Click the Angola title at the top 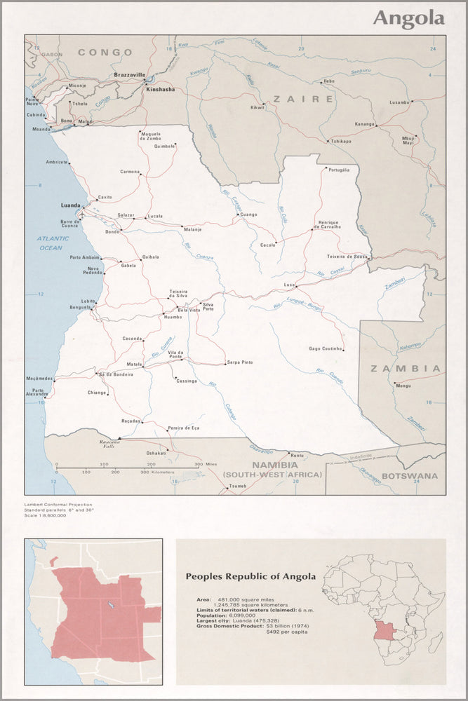(x=408, y=18)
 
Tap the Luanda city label (x=71, y=206)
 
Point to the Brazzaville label (x=129, y=74)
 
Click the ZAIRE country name (x=303, y=100)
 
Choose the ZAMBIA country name (x=406, y=368)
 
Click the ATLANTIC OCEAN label (x=55, y=243)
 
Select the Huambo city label (x=173, y=318)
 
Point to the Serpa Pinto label (x=240, y=362)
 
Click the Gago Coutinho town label (x=326, y=348)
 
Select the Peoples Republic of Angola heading (x=250, y=576)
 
